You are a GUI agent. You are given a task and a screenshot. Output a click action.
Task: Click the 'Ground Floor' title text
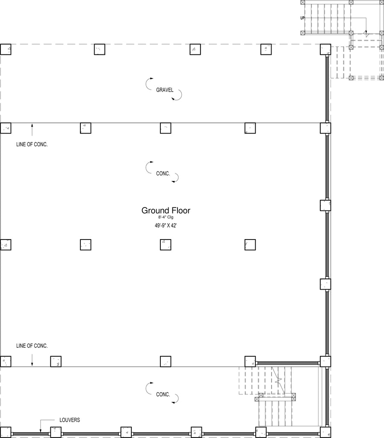pos(166,210)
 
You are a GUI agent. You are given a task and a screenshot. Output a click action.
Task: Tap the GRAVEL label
pos(165,90)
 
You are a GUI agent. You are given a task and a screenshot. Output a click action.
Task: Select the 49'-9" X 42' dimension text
pos(165,225)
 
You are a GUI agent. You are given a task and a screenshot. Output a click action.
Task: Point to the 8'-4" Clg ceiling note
pos(166,217)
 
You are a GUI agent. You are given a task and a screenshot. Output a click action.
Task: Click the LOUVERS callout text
pos(70,420)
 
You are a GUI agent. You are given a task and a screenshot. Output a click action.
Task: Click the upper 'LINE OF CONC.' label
pos(32,145)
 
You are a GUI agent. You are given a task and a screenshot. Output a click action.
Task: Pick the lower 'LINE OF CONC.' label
pos(32,346)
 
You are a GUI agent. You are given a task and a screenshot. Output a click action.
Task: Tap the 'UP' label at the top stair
pos(302,18)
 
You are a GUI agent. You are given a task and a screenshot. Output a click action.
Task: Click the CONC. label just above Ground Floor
pos(163,174)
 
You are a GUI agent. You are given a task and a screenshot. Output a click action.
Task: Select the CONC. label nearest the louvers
pos(163,394)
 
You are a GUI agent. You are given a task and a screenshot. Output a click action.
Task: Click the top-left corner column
pos(6,50)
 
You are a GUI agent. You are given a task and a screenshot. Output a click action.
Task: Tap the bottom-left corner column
pos(6,432)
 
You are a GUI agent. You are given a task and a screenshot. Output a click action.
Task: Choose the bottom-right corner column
pos(325,432)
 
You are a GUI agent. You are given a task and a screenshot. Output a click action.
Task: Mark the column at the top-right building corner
pos(325,50)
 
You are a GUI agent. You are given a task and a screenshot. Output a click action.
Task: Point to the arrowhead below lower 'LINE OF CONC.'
pos(32,365)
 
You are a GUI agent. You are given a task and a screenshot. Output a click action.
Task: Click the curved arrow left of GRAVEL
pos(146,84)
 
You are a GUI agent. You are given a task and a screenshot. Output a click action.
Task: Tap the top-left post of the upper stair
pos(302,2)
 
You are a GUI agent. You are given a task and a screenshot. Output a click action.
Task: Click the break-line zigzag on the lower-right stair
pos(278,380)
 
